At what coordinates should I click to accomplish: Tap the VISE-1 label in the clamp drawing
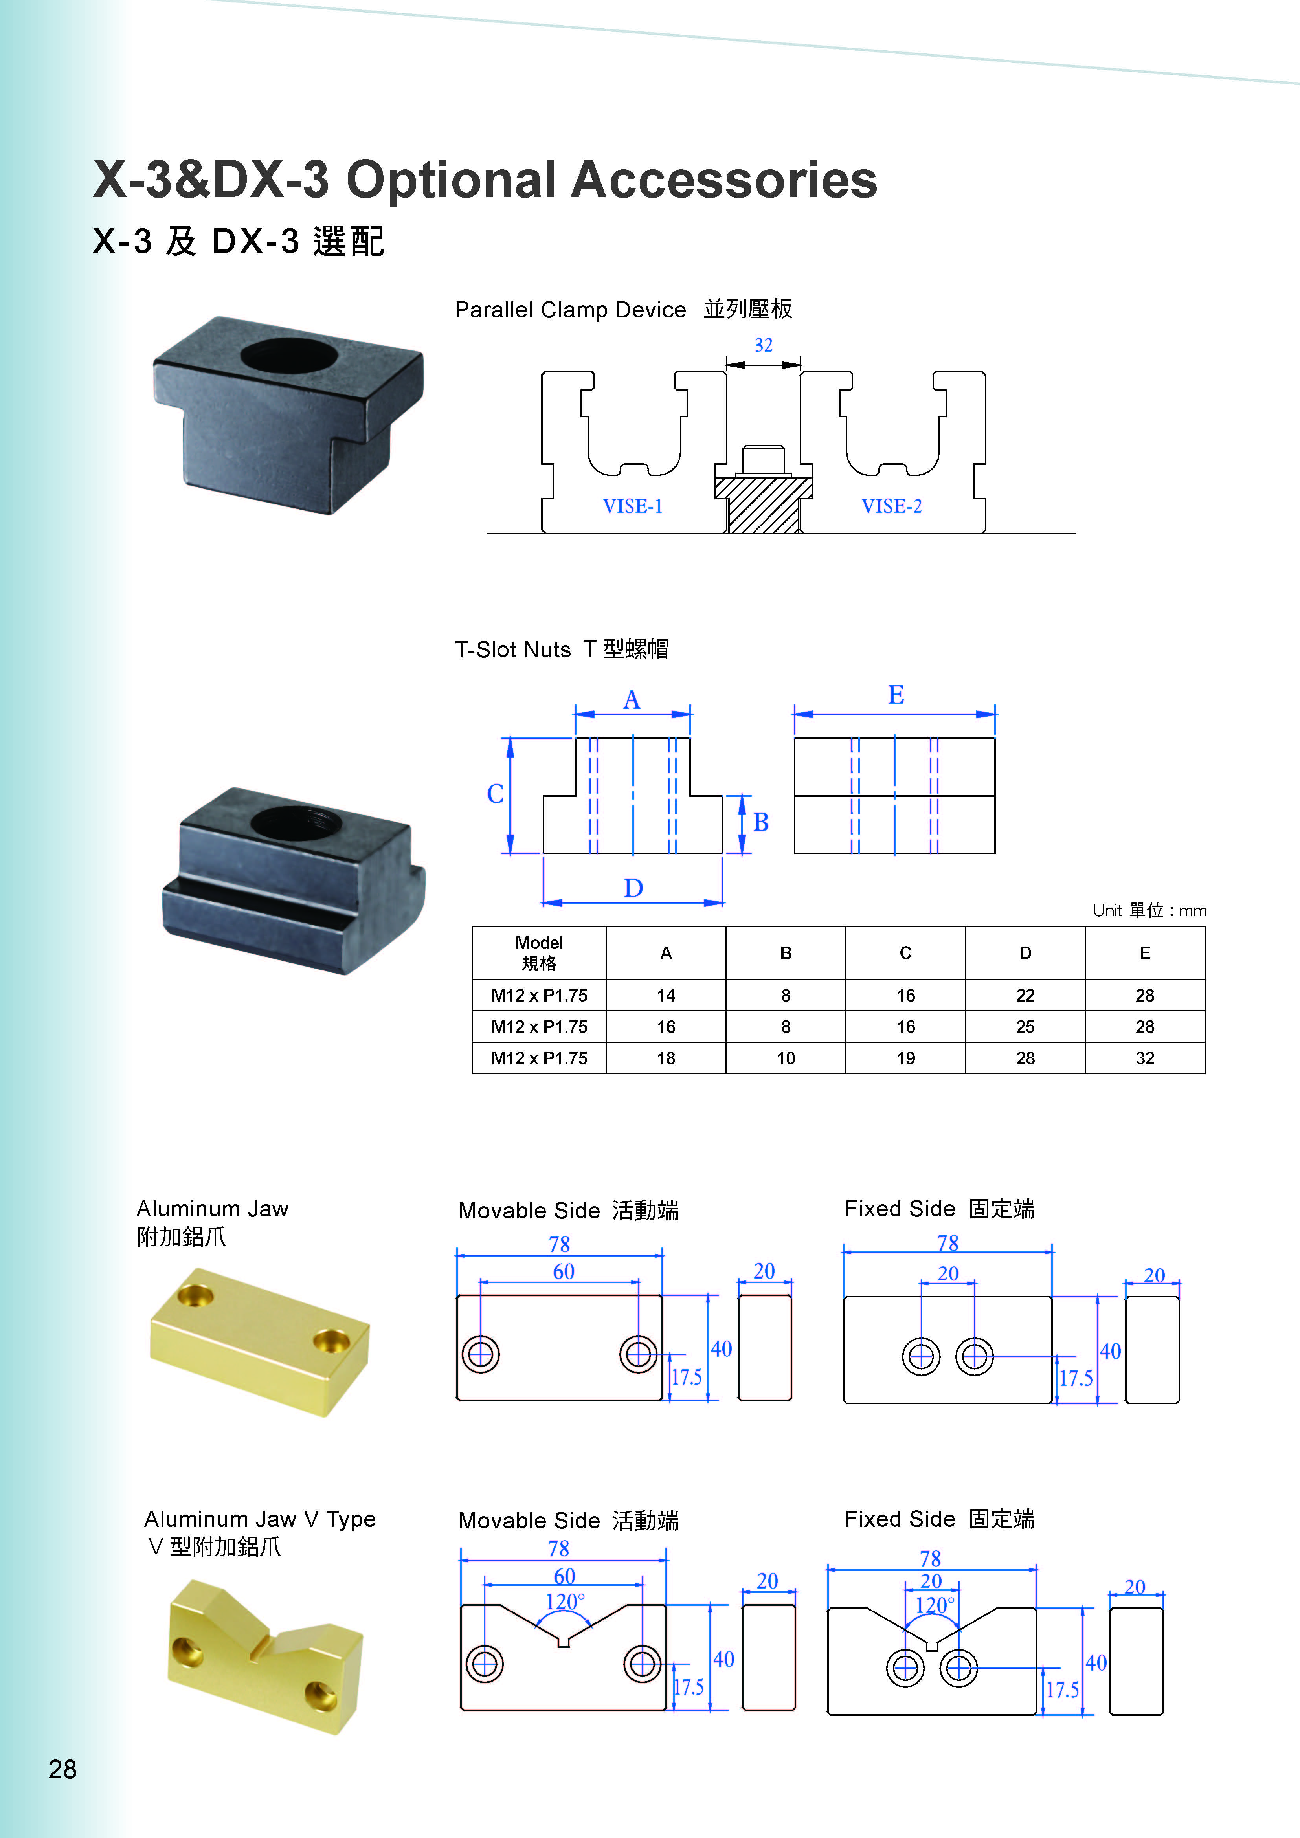point(632,506)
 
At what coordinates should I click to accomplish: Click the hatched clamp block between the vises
point(763,504)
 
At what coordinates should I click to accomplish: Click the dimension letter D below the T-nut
point(633,888)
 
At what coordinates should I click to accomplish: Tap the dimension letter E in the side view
point(896,695)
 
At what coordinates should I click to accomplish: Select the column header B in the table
point(785,953)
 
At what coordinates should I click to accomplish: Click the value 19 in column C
point(905,1058)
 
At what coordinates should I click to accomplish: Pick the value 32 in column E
point(1145,1058)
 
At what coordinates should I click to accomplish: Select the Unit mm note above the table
point(1149,910)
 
